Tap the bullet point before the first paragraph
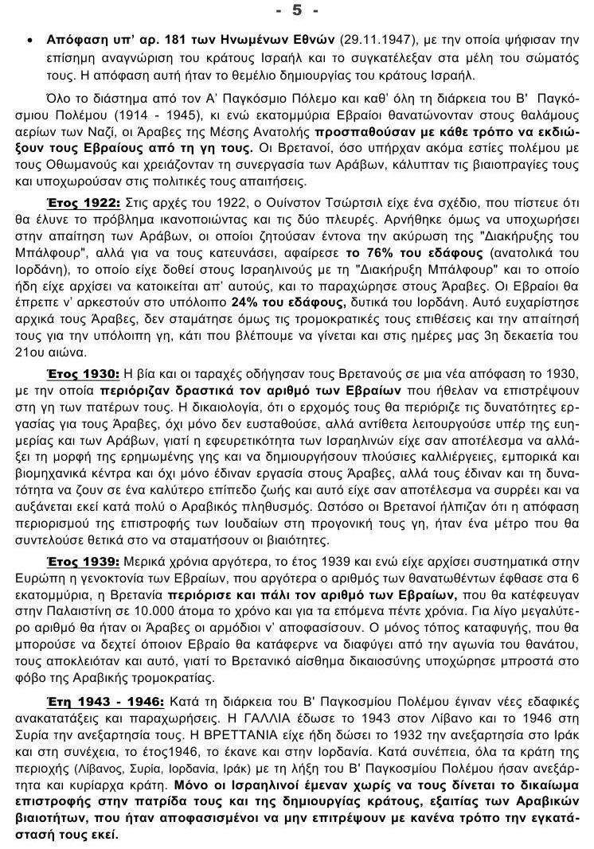tap(29, 38)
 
